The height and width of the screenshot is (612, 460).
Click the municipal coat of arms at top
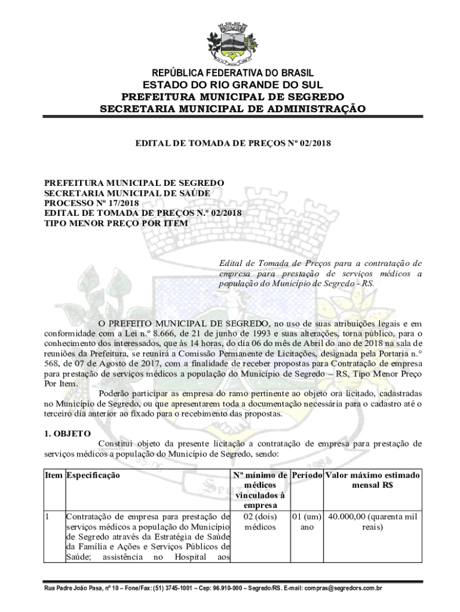click(x=231, y=42)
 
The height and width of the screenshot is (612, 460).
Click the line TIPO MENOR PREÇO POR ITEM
click(x=116, y=223)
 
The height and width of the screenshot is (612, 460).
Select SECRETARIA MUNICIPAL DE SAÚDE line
click(x=127, y=192)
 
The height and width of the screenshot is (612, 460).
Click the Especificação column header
click(x=93, y=475)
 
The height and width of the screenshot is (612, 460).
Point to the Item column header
click(x=54, y=475)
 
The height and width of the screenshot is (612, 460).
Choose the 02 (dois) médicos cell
click(x=260, y=522)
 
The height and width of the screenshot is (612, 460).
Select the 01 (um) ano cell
click(x=306, y=522)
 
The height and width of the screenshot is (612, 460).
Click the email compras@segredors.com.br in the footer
click(x=344, y=588)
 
